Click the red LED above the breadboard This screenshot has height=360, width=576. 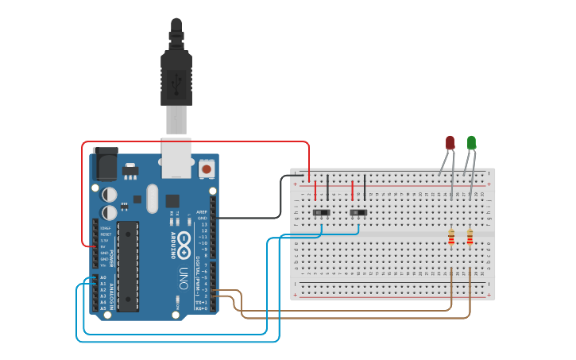(x=450, y=142)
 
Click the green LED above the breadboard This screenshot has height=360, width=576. (x=471, y=142)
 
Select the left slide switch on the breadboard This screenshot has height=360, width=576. (x=322, y=213)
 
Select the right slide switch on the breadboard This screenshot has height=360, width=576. (x=359, y=213)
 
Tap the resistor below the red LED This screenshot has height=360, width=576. (x=452, y=237)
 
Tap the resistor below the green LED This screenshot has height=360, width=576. (x=470, y=237)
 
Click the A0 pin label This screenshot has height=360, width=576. (x=102, y=278)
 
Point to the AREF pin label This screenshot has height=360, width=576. (x=202, y=212)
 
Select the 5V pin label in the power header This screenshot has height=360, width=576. (x=103, y=246)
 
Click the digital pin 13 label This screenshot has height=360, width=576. (x=204, y=225)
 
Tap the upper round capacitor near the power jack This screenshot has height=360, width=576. (x=110, y=194)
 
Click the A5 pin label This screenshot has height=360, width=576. (x=102, y=308)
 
